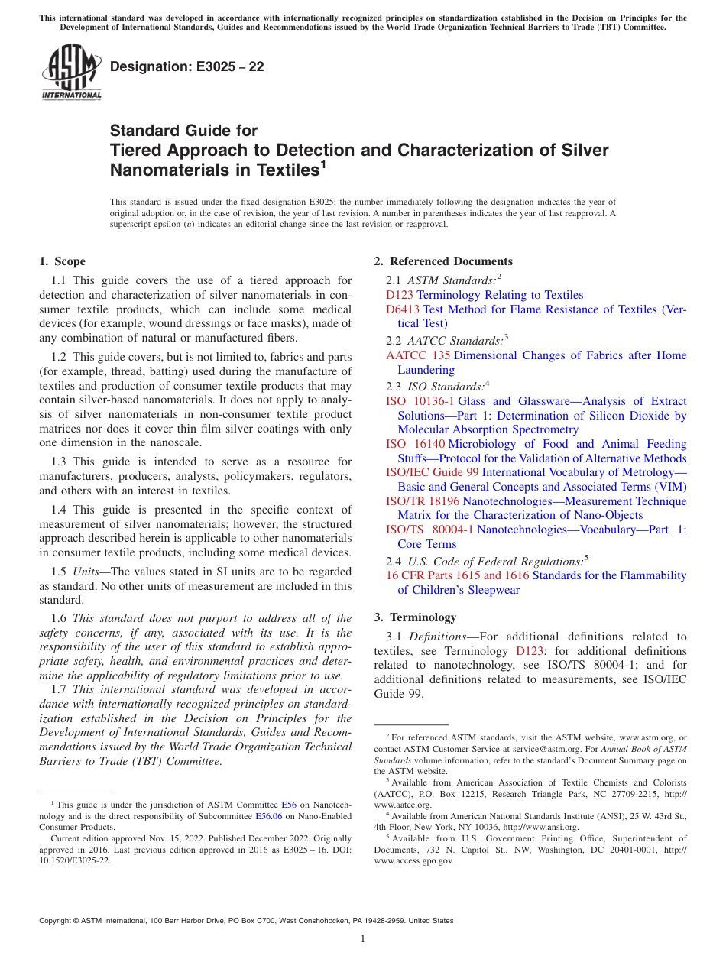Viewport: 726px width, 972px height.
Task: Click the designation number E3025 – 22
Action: (x=187, y=67)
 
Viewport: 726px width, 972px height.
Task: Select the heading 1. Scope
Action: (x=63, y=261)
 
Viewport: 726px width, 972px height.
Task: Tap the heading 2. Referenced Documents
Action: (x=443, y=261)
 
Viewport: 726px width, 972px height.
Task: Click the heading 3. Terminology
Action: (x=415, y=617)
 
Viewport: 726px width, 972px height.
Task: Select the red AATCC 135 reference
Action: (x=418, y=355)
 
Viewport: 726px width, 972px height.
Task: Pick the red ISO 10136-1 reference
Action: (x=420, y=401)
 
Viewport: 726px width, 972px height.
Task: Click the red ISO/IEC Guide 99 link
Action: (x=432, y=472)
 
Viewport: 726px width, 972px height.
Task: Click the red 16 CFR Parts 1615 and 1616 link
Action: (x=457, y=575)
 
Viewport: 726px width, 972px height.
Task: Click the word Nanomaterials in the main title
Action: (x=170, y=170)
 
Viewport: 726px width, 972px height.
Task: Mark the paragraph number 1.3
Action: (x=60, y=462)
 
